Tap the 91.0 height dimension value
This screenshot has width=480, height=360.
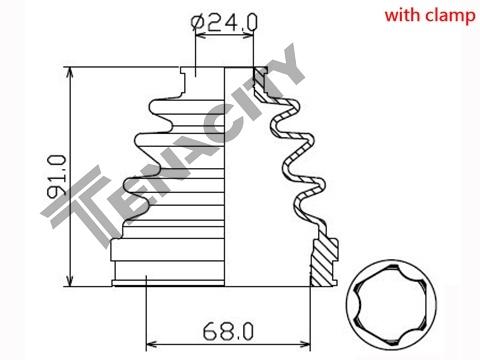click(57, 177)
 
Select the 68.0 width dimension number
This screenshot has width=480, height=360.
click(228, 331)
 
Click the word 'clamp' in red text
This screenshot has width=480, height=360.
click(451, 16)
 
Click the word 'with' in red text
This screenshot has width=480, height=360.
click(403, 15)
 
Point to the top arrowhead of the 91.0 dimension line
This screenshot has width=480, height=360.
click(70, 74)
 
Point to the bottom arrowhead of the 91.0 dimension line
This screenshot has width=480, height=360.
click(70, 279)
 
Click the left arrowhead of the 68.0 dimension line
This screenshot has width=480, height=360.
click(153, 344)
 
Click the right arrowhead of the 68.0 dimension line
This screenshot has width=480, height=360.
click(303, 344)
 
